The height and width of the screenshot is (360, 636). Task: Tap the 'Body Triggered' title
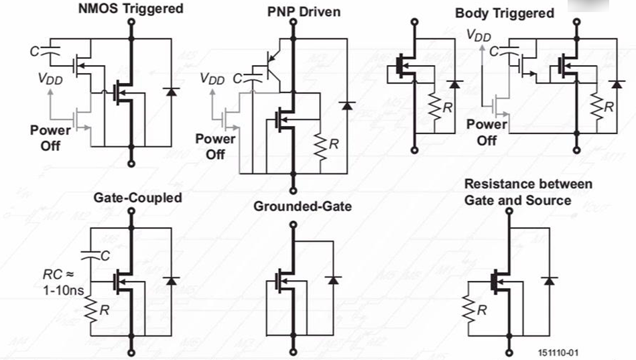(x=505, y=13)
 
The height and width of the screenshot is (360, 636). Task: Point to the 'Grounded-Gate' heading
(x=302, y=206)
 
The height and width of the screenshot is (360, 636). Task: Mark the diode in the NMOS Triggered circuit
(x=170, y=91)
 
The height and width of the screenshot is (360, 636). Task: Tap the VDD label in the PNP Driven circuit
(x=212, y=79)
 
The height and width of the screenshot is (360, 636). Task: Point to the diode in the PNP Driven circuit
(x=346, y=105)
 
